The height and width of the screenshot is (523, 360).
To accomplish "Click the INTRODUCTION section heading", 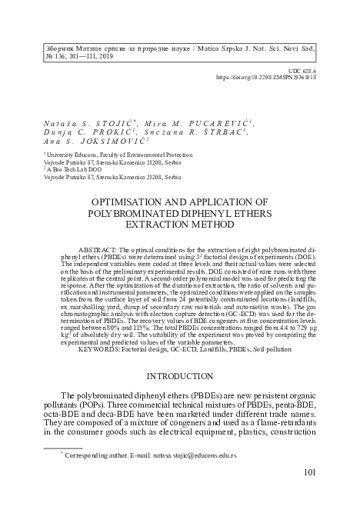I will [x=179, y=376].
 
